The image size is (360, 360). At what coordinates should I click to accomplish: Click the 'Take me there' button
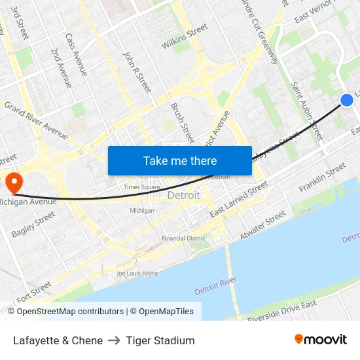coord(180,160)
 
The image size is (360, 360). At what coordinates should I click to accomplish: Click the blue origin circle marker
coord(347,99)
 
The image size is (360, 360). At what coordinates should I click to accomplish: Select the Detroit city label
coord(184,196)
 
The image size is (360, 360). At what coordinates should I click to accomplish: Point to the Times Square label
coord(142,187)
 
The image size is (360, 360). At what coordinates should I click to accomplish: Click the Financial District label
coord(183,239)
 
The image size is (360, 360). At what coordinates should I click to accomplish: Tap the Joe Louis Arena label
coord(137,273)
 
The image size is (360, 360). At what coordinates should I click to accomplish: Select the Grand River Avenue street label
coord(36,120)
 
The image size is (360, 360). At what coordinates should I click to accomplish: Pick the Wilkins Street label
coord(185,37)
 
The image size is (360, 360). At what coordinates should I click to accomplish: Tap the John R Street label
coord(137,72)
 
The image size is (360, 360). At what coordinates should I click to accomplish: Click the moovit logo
coord(320,340)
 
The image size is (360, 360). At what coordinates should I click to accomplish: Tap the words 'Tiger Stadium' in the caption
coord(160,340)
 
